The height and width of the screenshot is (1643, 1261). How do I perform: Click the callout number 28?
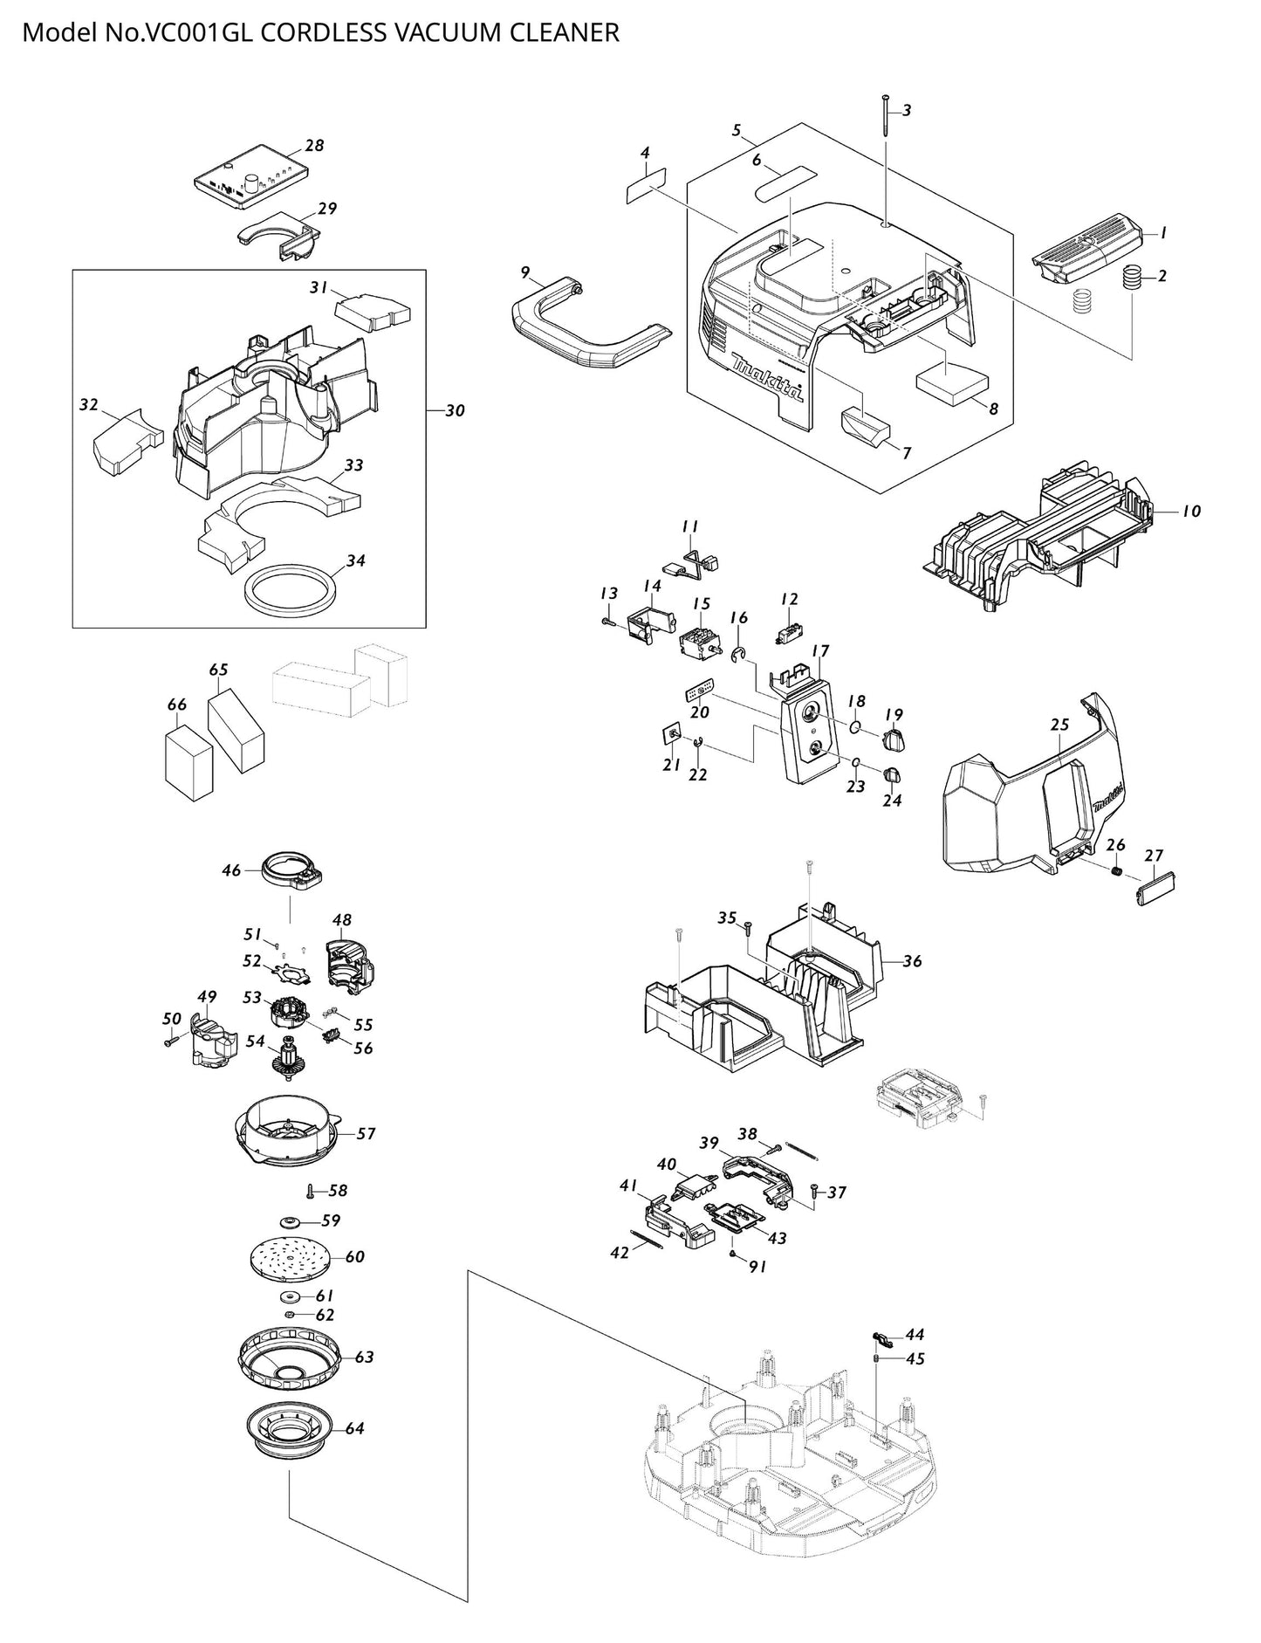pyautogui.click(x=314, y=146)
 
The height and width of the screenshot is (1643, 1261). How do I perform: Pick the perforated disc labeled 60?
pyautogui.click(x=290, y=1257)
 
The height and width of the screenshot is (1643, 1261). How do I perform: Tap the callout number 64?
pyautogui.click(x=354, y=1429)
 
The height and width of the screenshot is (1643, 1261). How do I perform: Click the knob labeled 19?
pyautogui.click(x=895, y=740)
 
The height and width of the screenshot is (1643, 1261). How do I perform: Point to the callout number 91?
pyautogui.click(x=757, y=1266)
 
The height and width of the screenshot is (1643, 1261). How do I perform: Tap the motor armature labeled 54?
pyautogui.click(x=287, y=1061)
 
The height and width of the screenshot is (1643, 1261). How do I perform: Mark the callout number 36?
pyautogui.click(x=912, y=961)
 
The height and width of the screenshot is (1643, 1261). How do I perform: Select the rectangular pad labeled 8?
pyautogui.click(x=951, y=382)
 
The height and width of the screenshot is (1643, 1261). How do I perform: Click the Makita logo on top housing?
pyautogui.click(x=768, y=376)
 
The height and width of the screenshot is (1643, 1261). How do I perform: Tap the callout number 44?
pyautogui.click(x=915, y=1335)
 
